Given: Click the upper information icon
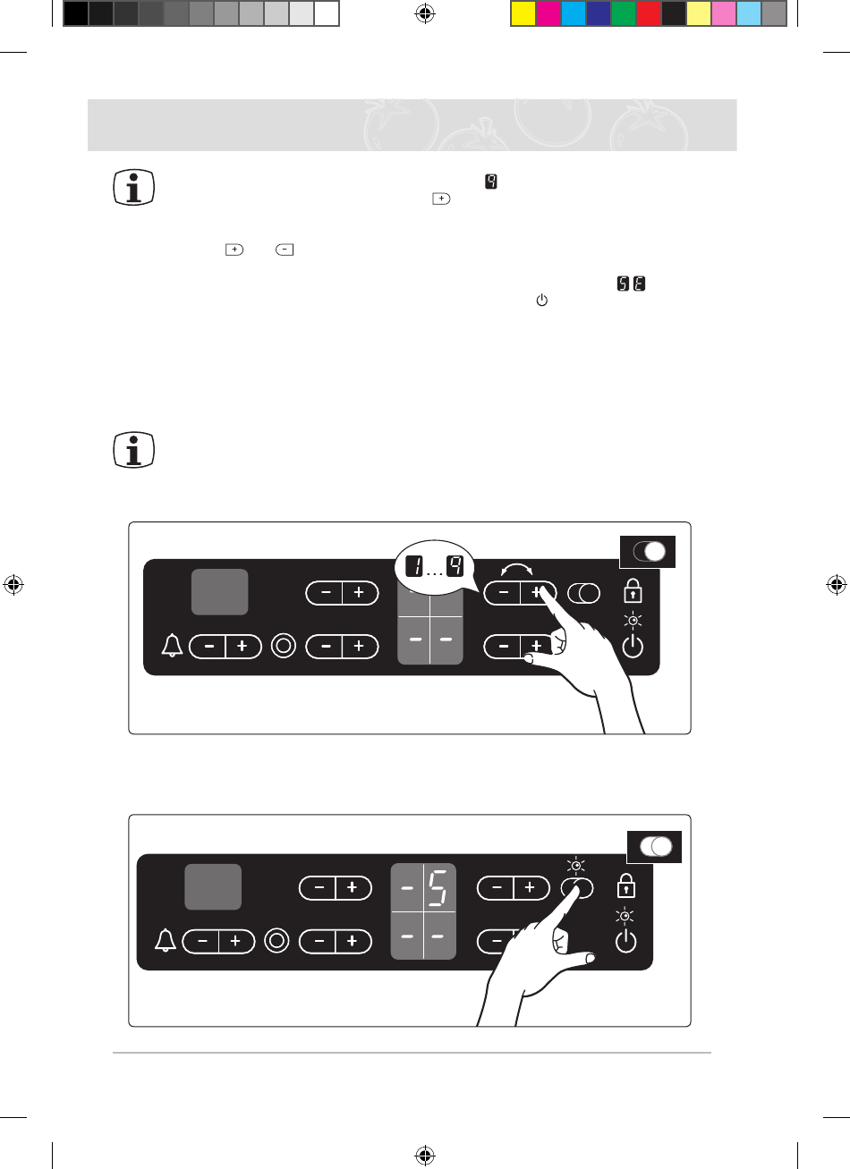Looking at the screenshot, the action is [134, 189].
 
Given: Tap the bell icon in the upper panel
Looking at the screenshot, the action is [173, 646].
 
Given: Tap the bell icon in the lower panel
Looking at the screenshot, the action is [166, 941].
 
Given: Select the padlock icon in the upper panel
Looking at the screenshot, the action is [632, 591].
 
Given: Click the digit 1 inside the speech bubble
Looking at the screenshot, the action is [414, 566].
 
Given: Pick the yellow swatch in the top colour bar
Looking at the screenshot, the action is [523, 13].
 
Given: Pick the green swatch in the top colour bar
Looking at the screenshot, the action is [624, 13].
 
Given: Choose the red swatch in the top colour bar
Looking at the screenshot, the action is [649, 13].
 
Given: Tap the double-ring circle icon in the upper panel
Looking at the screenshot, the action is [284, 646].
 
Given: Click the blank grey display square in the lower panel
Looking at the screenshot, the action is [213, 886].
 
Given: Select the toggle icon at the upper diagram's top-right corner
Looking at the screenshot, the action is [648, 551].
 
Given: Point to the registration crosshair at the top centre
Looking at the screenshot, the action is [425, 13].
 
